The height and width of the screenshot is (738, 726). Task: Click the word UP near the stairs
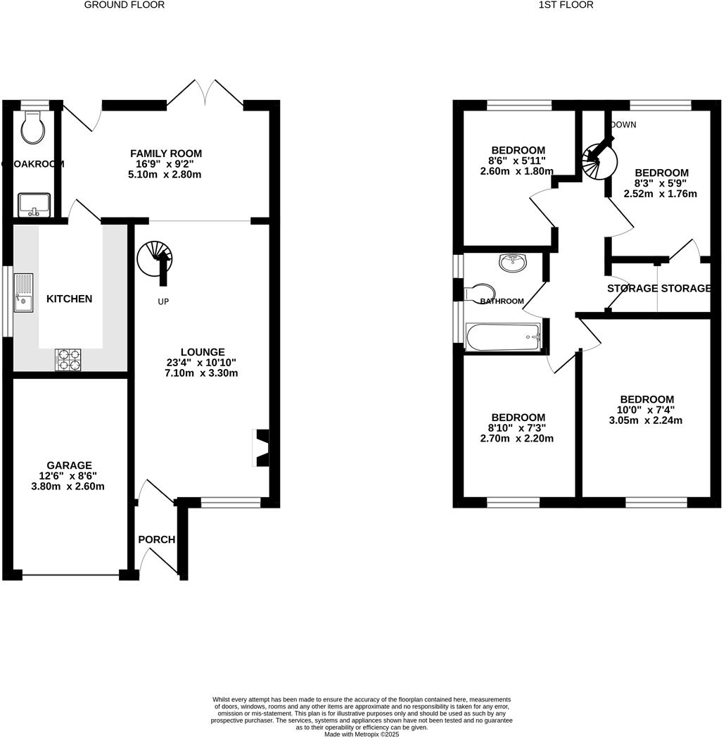pyautogui.click(x=163, y=301)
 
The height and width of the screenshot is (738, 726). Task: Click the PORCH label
pyautogui.click(x=156, y=539)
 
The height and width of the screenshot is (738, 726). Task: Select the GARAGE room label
pyautogui.click(x=69, y=465)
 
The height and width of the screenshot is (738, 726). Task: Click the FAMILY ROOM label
pyautogui.click(x=166, y=153)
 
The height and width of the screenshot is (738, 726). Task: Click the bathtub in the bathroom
pyautogui.click(x=502, y=337)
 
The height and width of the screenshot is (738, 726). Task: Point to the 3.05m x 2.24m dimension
pyautogui.click(x=645, y=420)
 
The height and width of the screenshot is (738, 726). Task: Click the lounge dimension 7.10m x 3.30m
pyautogui.click(x=202, y=373)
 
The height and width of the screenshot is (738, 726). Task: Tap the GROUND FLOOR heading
pyautogui.click(x=124, y=5)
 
